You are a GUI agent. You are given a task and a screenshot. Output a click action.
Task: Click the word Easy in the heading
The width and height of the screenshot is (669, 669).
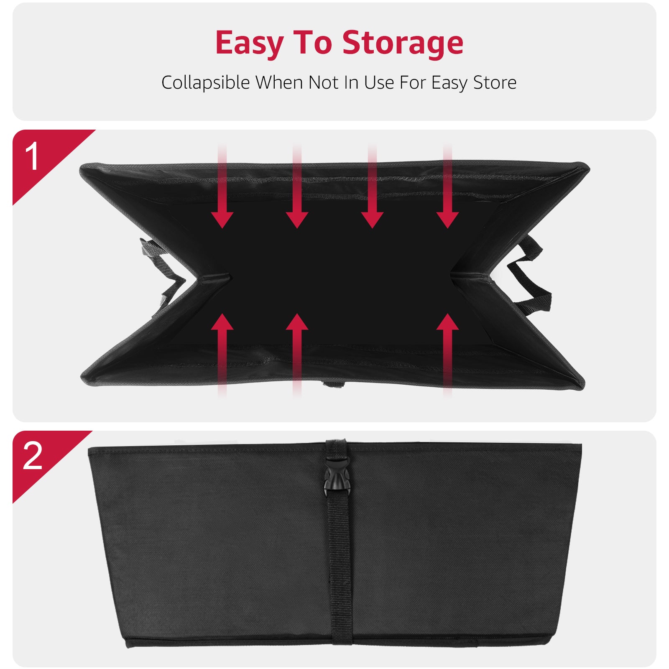[x=250, y=43]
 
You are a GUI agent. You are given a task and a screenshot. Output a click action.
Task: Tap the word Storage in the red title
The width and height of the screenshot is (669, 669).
[x=403, y=43]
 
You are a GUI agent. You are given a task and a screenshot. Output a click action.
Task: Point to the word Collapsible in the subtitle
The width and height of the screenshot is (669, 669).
[x=205, y=83]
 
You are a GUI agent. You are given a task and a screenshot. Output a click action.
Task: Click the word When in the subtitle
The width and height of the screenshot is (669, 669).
[x=279, y=82]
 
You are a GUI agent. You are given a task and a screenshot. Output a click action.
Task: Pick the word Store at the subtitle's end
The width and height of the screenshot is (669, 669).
[x=495, y=82]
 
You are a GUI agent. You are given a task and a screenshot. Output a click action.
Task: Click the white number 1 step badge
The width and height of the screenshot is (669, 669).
[x=32, y=157]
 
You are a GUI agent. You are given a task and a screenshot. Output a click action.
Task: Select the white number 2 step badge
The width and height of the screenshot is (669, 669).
[x=33, y=455]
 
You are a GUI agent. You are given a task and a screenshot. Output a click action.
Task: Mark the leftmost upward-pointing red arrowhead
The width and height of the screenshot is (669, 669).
[x=222, y=323]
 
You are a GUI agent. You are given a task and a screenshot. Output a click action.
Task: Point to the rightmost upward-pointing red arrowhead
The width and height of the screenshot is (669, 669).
[x=447, y=323]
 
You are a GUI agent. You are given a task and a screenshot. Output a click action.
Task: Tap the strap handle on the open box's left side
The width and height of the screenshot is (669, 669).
[x=161, y=268]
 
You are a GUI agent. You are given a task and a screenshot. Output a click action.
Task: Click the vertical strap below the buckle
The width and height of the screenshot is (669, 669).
[x=339, y=564]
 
